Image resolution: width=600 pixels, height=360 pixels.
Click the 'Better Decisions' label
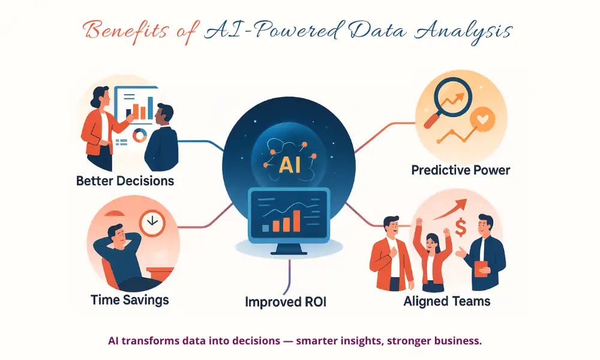click(125, 180)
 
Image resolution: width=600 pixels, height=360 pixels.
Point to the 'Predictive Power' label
click(460, 170)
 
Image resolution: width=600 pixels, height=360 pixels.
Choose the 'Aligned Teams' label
click(447, 301)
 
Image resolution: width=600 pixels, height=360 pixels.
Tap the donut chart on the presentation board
click(139, 136)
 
